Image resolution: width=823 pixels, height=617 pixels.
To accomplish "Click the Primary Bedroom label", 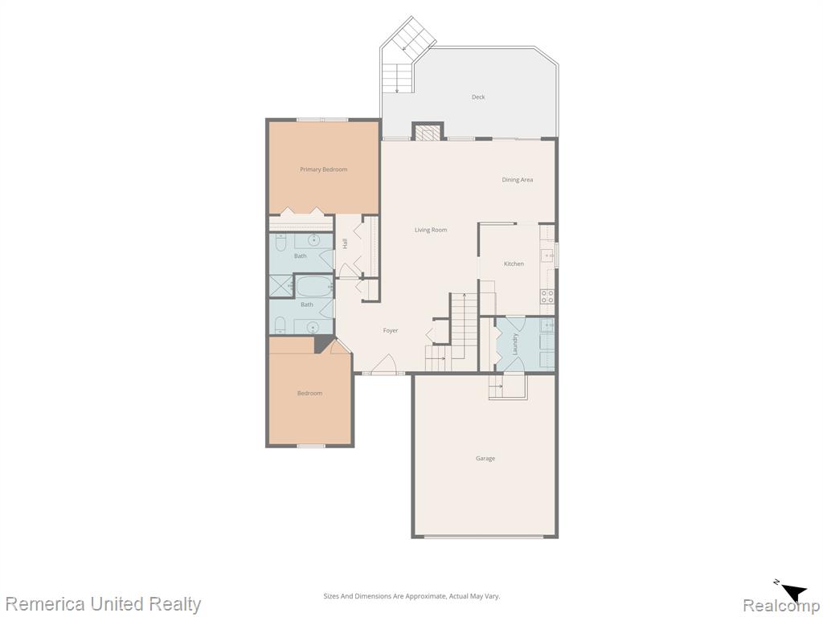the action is tap(323, 170).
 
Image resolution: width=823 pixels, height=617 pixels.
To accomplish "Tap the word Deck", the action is tap(478, 97).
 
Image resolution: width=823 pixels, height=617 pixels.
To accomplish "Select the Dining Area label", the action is tap(518, 180).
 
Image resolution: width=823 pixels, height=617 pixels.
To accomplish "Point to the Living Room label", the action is tap(431, 230).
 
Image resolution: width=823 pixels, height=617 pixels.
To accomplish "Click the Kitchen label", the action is tap(514, 264).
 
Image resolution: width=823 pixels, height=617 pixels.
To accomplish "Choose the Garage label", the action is tap(485, 459).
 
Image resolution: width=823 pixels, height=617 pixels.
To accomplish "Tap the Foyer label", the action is tap(391, 330).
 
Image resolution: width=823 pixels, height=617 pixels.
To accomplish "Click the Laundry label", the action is tap(515, 344).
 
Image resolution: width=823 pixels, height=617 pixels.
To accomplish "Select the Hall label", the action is tap(345, 243).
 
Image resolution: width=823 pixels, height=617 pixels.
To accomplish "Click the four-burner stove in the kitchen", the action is tap(547, 296).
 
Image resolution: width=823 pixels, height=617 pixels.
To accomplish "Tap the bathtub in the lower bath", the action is tap(314, 287).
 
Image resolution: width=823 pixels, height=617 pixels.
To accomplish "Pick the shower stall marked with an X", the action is tap(280, 285).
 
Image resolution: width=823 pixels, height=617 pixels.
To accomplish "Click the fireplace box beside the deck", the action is tap(428, 132).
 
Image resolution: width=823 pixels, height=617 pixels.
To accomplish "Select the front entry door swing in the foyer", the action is tap(385, 366).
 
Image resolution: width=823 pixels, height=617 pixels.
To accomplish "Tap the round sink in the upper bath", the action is tap(314, 241).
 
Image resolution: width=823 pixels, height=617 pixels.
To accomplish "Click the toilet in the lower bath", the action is tap(280, 325).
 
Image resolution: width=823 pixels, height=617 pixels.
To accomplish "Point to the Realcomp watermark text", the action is tap(780, 606).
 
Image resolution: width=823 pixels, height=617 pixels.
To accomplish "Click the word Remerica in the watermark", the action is tap(46, 604).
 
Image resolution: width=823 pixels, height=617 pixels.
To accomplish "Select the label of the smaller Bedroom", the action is tap(309, 394).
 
